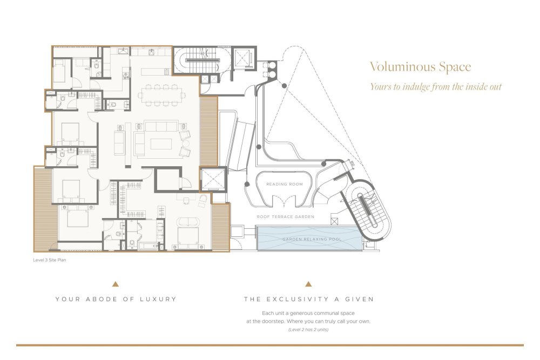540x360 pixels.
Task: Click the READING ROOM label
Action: click(285, 184)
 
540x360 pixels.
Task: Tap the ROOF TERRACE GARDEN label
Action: click(286, 217)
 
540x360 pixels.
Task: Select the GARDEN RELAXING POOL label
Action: click(312, 239)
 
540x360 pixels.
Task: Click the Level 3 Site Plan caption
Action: click(50, 260)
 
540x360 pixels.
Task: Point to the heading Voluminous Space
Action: click(421, 67)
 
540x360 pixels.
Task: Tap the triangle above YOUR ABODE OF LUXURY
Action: click(116, 284)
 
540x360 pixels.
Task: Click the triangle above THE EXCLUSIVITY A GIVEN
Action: click(308, 284)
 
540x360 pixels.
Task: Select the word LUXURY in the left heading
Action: click(158, 299)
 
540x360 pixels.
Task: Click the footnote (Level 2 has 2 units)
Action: click(308, 330)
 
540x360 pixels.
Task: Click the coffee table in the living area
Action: click(161, 144)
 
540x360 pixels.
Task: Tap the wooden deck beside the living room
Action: click(208, 131)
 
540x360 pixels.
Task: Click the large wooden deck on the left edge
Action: click(45, 208)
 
